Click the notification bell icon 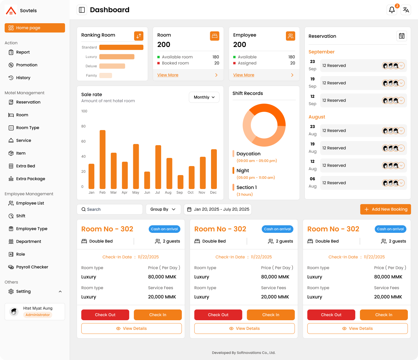[392, 10]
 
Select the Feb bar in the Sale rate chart [102, 160]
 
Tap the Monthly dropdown [204, 97]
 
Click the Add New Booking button [385, 209]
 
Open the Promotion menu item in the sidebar [27, 65]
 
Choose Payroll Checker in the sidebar [32, 267]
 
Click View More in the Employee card [244, 75]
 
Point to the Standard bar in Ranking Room [121, 47]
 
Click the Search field [110, 209]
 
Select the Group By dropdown [163, 209]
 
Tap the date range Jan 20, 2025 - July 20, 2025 [218, 209]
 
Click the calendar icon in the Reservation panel [402, 36]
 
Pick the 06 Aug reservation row [363, 183]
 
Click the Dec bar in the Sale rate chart [214, 169]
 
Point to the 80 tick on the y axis [84, 126]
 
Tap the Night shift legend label [243, 171]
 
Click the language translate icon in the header [406, 10]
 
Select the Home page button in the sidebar [35, 28]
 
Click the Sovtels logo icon [11, 11]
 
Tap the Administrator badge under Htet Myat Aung [38, 315]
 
